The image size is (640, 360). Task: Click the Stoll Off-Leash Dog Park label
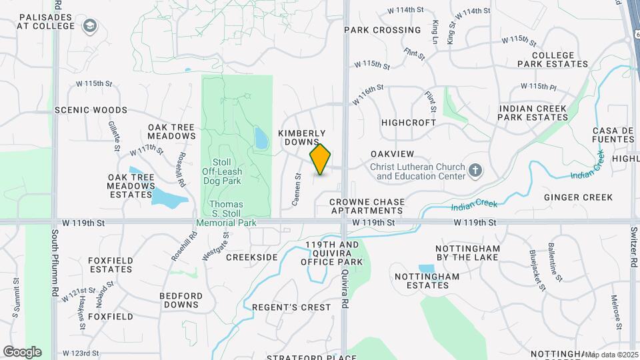coord(222,171)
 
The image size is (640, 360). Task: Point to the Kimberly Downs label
coord(301,137)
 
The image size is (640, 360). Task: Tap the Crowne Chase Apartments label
coord(366,205)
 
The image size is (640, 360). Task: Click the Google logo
coord(22,351)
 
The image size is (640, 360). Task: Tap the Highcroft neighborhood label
coord(408,123)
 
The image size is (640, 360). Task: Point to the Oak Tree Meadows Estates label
coord(131,185)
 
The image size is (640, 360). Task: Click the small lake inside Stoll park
coord(261,139)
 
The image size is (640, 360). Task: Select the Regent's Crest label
coord(291,307)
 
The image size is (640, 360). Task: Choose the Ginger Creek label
coord(578,197)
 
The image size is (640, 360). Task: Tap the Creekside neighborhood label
coord(251,257)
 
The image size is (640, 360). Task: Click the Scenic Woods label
coord(91,110)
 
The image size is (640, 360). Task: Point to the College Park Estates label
coord(553,59)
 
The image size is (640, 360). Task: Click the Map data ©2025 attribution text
coord(610,355)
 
